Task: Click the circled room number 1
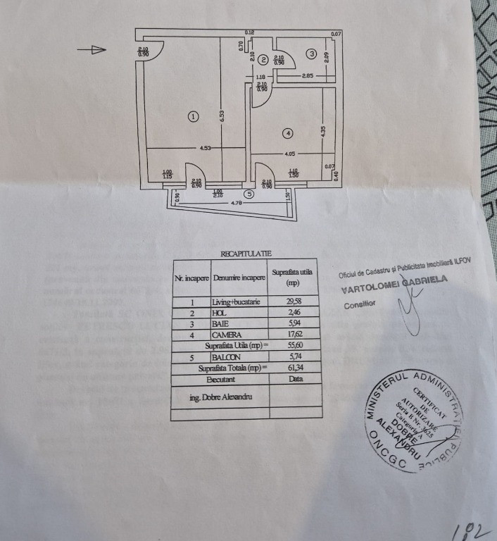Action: (194, 116)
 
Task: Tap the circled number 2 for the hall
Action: (263, 60)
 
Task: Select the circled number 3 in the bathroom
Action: (310, 53)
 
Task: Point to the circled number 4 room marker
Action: (287, 132)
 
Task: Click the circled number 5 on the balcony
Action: (248, 194)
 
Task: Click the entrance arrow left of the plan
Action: (92, 49)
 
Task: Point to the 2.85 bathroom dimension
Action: (308, 75)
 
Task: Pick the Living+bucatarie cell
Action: (239, 301)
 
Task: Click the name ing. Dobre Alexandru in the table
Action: (220, 397)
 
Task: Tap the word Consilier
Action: (360, 305)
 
